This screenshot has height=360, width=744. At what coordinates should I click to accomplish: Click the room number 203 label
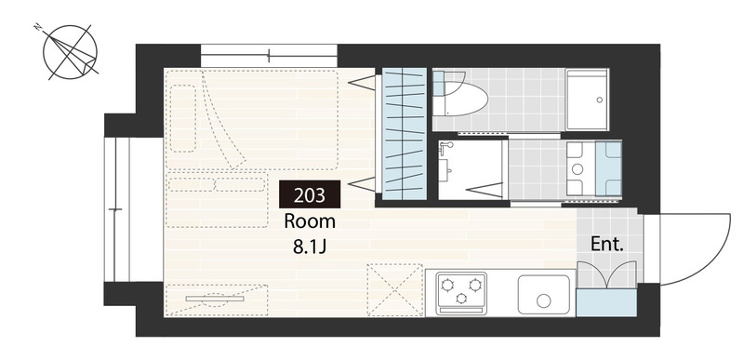[310, 194]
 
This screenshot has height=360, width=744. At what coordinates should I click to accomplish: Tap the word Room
[310, 221]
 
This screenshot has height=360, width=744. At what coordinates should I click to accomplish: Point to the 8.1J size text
[310, 247]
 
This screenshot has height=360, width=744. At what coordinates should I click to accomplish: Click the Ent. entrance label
[607, 245]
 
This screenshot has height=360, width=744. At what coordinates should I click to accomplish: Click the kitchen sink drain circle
[543, 300]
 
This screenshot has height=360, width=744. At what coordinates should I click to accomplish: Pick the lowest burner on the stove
[460, 298]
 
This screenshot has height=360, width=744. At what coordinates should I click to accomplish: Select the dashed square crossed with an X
[394, 290]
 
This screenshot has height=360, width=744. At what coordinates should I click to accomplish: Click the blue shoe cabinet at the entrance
[606, 302]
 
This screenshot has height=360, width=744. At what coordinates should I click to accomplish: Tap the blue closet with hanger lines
[405, 134]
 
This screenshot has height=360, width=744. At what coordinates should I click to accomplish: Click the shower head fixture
[445, 149]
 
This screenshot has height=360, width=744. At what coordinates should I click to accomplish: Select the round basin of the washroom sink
[578, 169]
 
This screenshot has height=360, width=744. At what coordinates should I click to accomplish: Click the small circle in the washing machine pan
[599, 100]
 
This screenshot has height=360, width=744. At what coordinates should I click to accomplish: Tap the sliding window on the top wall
[269, 56]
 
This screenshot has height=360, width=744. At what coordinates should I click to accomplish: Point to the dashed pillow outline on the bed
[183, 118]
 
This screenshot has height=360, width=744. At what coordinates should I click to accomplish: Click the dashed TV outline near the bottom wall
[217, 300]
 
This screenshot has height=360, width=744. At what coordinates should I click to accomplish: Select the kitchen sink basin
[543, 294]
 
